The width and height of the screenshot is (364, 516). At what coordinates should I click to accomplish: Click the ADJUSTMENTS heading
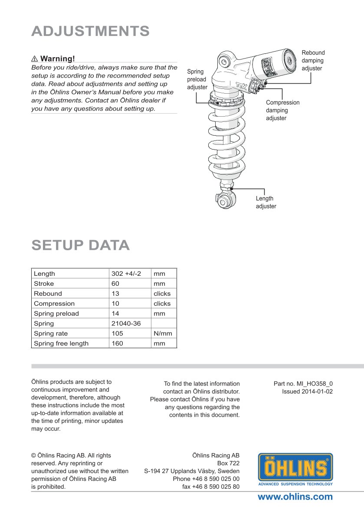(91, 31)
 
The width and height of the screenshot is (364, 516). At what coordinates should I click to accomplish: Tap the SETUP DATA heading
(81, 245)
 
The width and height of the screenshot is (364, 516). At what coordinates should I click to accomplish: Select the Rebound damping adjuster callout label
(313, 61)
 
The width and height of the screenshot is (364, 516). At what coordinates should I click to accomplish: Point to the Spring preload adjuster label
(197, 79)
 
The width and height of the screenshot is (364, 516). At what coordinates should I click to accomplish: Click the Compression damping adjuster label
(282, 110)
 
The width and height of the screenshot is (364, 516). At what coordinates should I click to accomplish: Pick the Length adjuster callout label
(266, 202)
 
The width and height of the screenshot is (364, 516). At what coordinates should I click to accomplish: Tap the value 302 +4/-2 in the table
(126, 274)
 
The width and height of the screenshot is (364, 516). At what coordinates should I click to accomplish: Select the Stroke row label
(44, 284)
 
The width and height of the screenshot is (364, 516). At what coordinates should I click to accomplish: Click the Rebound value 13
(115, 294)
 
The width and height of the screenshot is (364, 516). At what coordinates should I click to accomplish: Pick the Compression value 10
(115, 304)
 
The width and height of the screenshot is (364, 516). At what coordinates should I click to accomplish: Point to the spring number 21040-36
(126, 323)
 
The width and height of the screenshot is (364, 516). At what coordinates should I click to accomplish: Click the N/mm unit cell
(163, 333)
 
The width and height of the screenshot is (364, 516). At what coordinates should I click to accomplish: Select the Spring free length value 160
(117, 343)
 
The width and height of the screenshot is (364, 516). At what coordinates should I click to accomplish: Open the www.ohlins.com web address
(295, 497)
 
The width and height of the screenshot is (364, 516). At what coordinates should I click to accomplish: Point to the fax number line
(211, 487)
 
